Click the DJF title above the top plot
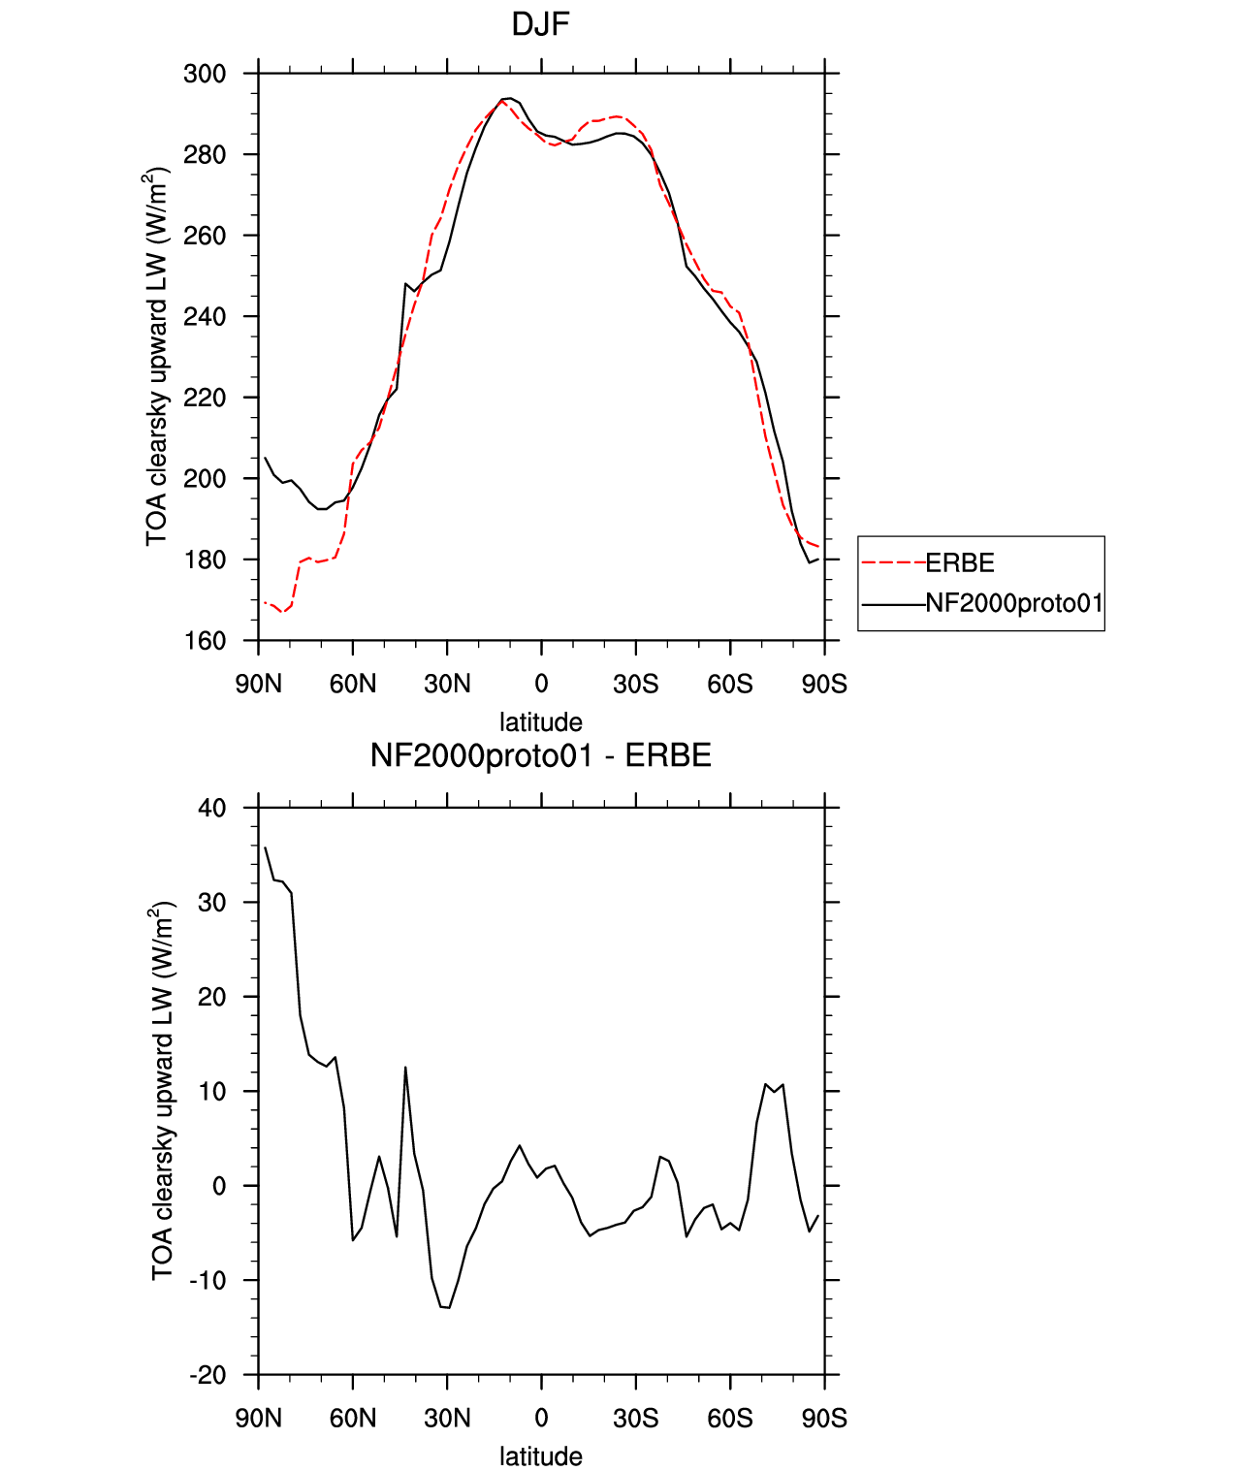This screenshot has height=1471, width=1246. (x=540, y=25)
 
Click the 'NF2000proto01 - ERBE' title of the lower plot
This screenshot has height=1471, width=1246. (x=541, y=755)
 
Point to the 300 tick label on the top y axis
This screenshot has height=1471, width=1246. (x=205, y=74)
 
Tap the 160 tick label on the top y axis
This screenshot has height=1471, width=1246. (x=205, y=641)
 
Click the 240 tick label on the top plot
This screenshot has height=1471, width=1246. (x=205, y=317)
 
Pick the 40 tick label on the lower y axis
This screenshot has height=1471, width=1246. (x=212, y=809)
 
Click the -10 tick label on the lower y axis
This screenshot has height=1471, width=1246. (x=208, y=1281)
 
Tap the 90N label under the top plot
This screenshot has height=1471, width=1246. (x=258, y=685)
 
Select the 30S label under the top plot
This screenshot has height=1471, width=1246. (x=635, y=685)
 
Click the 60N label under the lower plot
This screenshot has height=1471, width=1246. (x=353, y=1419)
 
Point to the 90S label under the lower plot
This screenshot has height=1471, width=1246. (x=824, y=1419)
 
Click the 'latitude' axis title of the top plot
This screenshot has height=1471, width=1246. (x=541, y=722)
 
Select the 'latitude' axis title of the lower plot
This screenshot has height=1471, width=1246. (x=541, y=1456)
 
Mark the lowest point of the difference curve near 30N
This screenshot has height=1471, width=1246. (x=449, y=1307)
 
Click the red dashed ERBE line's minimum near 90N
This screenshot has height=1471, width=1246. (x=282, y=611)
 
